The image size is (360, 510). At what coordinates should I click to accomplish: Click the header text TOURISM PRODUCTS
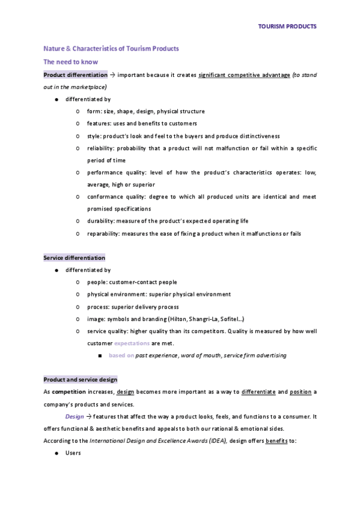[287, 27]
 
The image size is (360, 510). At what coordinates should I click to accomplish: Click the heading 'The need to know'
[70, 62]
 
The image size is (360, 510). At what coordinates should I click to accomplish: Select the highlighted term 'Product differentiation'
[75, 75]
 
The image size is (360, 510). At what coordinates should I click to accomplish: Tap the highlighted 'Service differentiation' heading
[74, 258]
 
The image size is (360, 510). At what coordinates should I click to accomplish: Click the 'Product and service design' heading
[81, 379]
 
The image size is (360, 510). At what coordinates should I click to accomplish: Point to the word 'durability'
[100, 221]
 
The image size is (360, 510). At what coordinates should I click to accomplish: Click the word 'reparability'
[103, 233]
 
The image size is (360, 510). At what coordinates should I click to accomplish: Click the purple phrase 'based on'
[121, 355]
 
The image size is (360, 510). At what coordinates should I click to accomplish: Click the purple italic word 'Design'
[75, 416]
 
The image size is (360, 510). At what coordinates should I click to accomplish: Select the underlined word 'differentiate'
[258, 392]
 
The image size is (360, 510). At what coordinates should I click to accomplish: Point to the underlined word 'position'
[301, 392]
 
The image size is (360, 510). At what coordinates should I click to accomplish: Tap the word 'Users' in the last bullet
[74, 453]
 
